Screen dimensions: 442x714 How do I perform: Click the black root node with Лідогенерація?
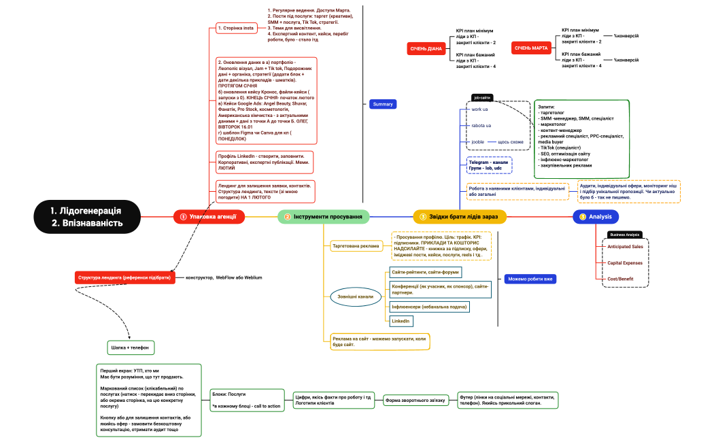(86, 216)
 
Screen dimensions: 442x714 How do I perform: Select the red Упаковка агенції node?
(207, 217)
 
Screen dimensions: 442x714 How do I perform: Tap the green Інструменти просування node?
(324, 217)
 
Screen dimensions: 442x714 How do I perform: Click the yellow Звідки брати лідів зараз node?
(460, 217)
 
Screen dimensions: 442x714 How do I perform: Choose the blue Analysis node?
(596, 217)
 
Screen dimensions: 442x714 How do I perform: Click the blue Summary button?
(383, 104)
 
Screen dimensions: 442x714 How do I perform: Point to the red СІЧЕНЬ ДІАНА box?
(426, 49)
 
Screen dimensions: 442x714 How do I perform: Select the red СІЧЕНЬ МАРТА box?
(531, 48)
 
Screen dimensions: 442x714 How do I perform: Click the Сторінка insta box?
(235, 28)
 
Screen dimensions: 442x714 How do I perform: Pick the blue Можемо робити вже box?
(530, 279)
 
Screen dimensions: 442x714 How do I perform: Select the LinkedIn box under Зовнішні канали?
(401, 320)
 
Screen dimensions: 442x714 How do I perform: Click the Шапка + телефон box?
(130, 347)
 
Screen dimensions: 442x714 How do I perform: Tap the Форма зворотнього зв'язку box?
(416, 401)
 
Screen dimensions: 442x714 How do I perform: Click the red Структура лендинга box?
(122, 277)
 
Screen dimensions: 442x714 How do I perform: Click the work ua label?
(479, 109)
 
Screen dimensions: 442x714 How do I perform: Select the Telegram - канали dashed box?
(488, 165)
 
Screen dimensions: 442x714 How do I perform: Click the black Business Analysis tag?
(624, 235)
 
